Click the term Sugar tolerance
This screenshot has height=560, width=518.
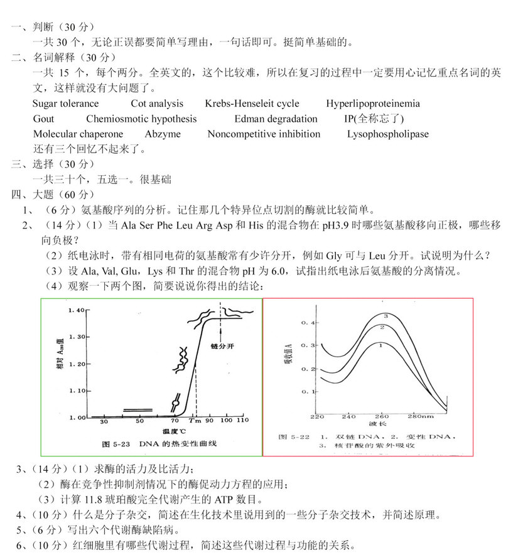65,104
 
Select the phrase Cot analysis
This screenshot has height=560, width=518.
157,104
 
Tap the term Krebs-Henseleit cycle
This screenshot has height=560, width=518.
252,104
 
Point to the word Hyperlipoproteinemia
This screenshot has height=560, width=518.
373,104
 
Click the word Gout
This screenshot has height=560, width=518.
43,119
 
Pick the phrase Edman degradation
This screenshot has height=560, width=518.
276,119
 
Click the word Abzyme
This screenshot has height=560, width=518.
163,134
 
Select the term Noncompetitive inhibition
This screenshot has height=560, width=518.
264,134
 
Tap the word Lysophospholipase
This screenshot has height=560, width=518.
388,134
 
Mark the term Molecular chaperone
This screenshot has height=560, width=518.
78,134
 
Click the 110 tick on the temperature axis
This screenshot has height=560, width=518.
242,420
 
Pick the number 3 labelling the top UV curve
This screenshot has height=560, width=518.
386,316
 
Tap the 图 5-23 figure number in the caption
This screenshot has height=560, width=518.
116,444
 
